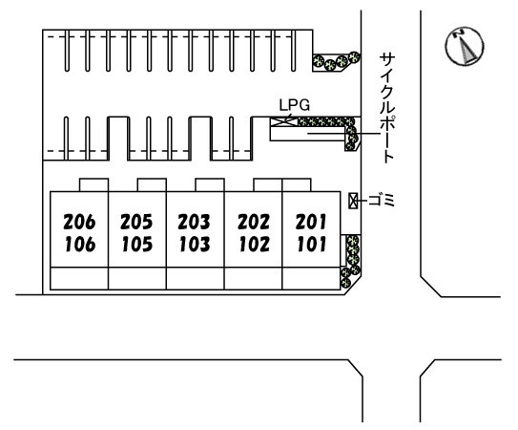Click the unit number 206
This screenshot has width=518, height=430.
pyautogui.click(x=79, y=222)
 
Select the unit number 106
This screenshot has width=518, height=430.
pyautogui.click(x=80, y=245)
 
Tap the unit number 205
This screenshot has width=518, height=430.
pyautogui.click(x=136, y=222)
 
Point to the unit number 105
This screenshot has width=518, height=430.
pyautogui.click(x=137, y=245)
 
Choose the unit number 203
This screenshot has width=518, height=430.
pyautogui.click(x=194, y=222)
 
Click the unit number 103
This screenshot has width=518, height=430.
pyautogui.click(x=195, y=245)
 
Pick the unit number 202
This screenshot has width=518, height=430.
pyautogui.click(x=254, y=222)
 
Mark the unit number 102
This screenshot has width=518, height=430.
pyautogui.click(x=255, y=245)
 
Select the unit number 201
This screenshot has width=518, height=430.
pyautogui.click(x=311, y=222)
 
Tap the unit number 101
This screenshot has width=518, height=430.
pyautogui.click(x=312, y=245)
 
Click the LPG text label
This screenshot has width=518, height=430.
pyautogui.click(x=295, y=105)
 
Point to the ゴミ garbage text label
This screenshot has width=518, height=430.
pyautogui.click(x=382, y=201)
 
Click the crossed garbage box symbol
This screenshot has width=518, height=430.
pyautogui.click(x=353, y=201)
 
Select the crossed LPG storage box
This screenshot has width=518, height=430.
pyautogui.click(x=283, y=121)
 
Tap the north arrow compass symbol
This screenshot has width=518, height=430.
pyautogui.click(x=465, y=46)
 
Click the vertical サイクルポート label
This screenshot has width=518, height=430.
pyautogui.click(x=387, y=108)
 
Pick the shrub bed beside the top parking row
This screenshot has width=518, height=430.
pyautogui.click(x=337, y=61)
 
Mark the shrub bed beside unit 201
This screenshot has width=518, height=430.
pyautogui.click(x=351, y=261)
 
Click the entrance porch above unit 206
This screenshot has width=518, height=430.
pyautogui.click(x=93, y=185)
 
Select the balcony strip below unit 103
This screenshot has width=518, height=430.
pyautogui.click(x=196, y=278)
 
